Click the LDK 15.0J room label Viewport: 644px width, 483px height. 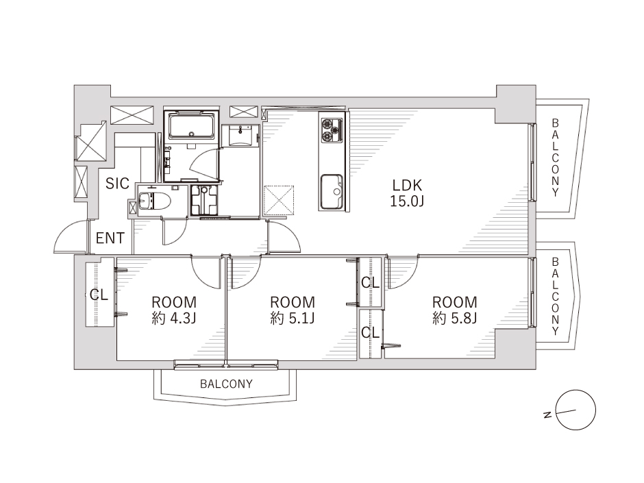pos(406,193)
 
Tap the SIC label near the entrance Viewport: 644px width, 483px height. pos(117,183)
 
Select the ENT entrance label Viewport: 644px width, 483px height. pos(110,238)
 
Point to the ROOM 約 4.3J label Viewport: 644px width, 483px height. pos(174,310)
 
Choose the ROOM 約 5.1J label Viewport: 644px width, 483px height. pos(293,310)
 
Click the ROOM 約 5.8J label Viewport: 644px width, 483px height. pos(455,310)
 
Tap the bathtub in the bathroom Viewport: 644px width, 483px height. pos(191,126)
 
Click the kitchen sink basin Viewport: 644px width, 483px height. pos(332,191)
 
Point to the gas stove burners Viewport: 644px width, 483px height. pos(331,129)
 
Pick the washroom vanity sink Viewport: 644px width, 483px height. pos(240,136)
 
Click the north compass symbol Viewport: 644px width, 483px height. pos(575,410)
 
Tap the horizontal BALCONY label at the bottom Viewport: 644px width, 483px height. pos(226,384)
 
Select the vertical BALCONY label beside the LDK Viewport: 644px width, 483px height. pos(556,158)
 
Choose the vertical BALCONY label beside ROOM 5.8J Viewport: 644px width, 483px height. pos(556,297)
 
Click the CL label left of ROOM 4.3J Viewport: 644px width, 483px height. pos(99,294)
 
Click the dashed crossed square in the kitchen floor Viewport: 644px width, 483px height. pos(279,201)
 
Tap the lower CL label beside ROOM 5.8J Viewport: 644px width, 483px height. pos(371,332)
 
